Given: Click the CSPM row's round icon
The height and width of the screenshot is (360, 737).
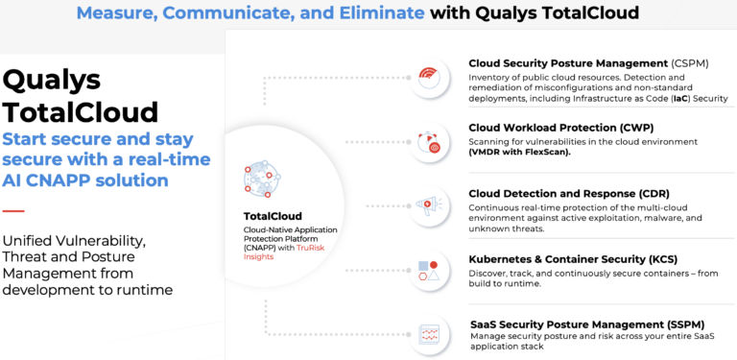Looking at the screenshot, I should click(430, 77).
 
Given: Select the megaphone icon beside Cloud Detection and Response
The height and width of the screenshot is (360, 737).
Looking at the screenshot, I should click(430, 205).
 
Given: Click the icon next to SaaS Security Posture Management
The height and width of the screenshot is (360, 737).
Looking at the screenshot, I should click(430, 334).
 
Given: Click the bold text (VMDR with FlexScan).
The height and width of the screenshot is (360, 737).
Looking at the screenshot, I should click(528, 153).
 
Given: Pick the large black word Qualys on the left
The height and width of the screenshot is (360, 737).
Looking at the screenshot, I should click(51, 80).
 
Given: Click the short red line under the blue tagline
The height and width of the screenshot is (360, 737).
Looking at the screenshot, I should click(13, 209).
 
